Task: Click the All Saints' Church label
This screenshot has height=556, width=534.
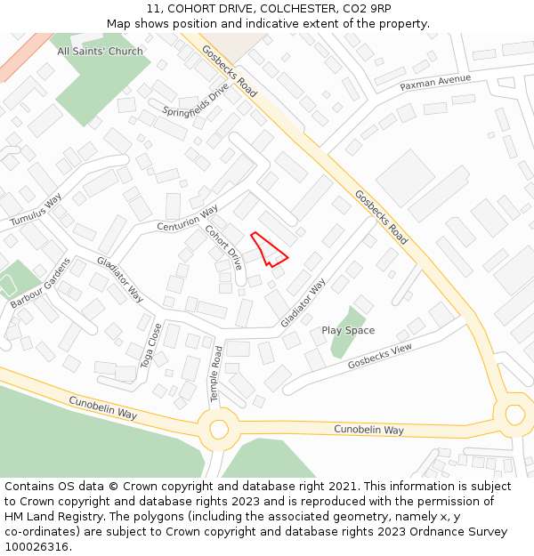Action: pyautogui.click(x=100, y=52)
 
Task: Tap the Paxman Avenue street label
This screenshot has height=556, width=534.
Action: pyautogui.click(x=435, y=83)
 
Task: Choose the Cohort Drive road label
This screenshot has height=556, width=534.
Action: pyautogui.click(x=223, y=247)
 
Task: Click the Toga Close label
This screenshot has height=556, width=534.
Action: pyautogui.click(x=150, y=345)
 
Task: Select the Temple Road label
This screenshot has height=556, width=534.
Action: pyautogui.click(x=214, y=372)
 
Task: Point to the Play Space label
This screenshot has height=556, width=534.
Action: pyautogui.click(x=348, y=330)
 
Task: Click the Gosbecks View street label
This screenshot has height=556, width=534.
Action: pyautogui.click(x=380, y=357)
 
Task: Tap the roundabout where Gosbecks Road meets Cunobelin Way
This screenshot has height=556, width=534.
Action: pyautogui.click(x=514, y=414)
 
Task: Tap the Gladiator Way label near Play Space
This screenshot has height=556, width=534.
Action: pyautogui.click(x=303, y=302)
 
